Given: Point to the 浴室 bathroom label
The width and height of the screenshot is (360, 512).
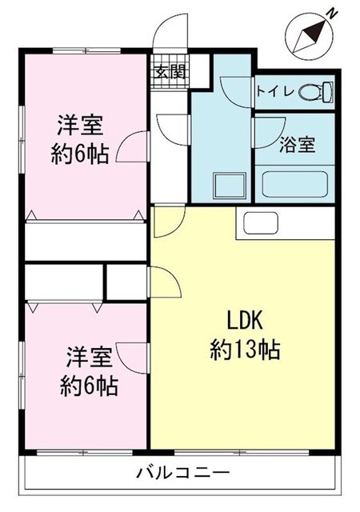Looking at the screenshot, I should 296,146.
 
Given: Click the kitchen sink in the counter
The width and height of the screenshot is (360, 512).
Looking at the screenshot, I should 257,223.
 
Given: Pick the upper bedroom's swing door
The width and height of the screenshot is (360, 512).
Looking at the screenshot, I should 131,149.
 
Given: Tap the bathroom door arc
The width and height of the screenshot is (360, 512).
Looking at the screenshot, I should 269,128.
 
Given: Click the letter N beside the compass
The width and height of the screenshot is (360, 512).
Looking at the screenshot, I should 330,14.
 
